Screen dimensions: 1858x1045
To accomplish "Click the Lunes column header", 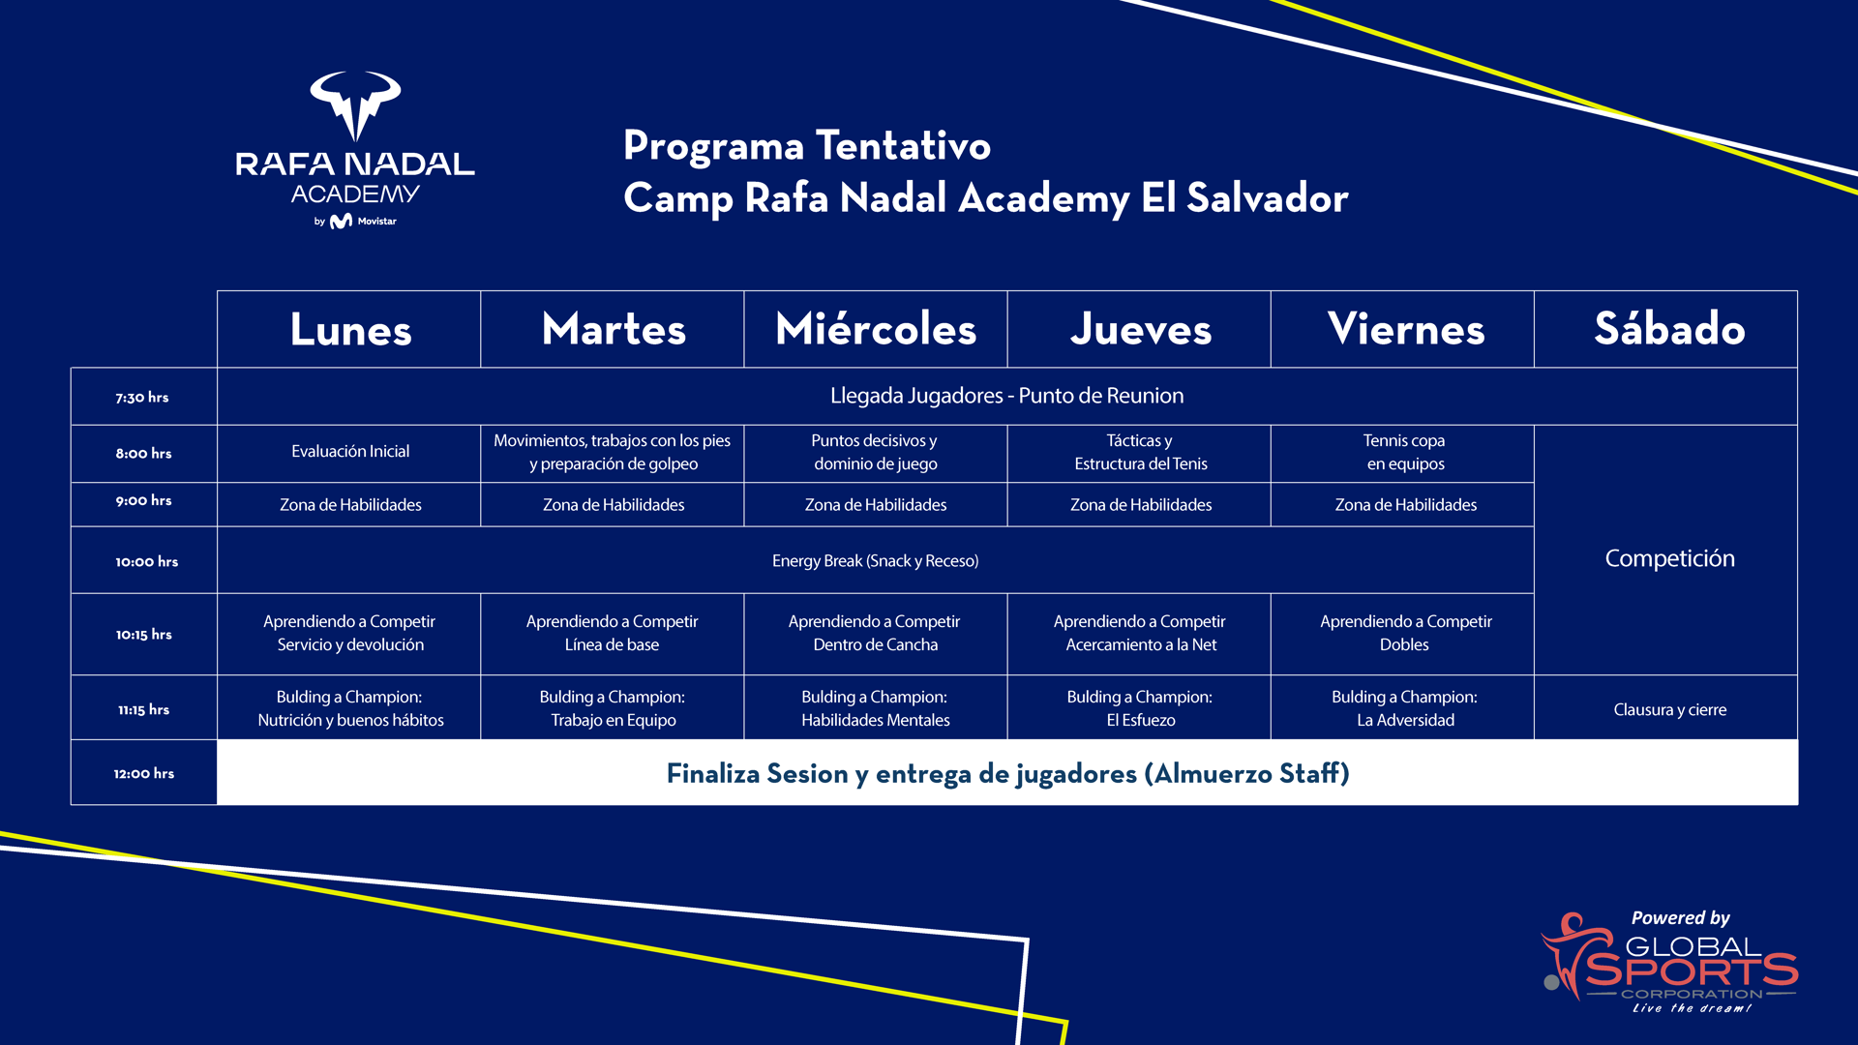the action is (350, 330).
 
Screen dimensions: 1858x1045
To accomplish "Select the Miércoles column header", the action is (876, 329).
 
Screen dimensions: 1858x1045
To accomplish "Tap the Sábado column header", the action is (1669, 329).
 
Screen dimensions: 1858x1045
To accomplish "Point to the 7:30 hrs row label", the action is (142, 397).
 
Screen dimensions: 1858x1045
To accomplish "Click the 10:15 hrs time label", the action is (144, 635).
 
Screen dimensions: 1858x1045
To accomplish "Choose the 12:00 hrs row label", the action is (144, 773).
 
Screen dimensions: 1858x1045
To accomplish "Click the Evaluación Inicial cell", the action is (350, 451).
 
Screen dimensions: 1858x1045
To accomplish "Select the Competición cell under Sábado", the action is (1669, 558).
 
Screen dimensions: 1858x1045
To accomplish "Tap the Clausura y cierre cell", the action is (1669, 709).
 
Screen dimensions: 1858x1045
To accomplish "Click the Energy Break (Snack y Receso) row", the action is (875, 560).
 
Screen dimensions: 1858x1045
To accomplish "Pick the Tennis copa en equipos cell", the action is (1404, 452).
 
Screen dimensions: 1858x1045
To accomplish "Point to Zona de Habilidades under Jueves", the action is (1140, 504).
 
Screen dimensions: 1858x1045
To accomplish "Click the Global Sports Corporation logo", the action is (1670, 962).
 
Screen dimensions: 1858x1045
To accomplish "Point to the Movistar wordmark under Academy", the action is (376, 222).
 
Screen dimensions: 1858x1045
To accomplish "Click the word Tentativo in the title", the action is (903, 146).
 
